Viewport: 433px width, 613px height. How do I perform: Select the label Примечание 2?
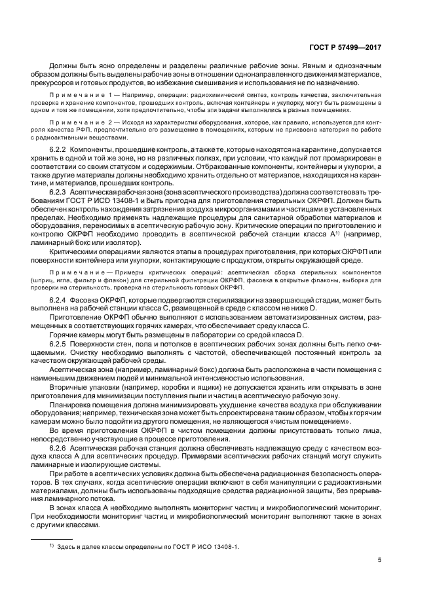83,122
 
